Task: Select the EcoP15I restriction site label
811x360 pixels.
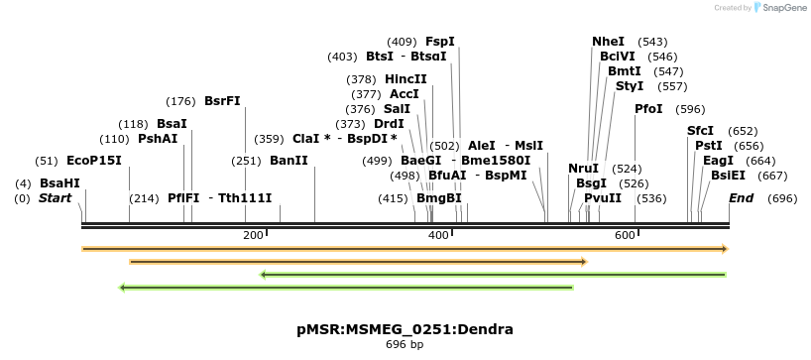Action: click(94, 161)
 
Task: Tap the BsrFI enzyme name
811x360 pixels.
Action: click(222, 101)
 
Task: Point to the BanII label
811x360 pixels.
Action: click(289, 161)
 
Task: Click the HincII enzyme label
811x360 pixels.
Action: click(405, 79)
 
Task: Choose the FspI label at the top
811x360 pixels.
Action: click(440, 42)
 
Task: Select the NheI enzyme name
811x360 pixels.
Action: click(608, 42)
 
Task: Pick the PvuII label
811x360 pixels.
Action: click(603, 198)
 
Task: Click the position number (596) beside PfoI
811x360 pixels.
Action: click(690, 109)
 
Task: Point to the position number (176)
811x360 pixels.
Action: click(181, 101)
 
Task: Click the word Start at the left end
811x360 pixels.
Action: click(56, 198)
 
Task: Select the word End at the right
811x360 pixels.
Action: click(741, 198)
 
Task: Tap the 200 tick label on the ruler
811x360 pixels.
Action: click(253, 234)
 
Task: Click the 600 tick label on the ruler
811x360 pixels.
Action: click(624, 234)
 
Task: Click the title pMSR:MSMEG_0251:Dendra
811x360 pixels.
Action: click(405, 329)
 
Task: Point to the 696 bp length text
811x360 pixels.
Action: click(405, 345)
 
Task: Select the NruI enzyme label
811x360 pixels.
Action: click(584, 169)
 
